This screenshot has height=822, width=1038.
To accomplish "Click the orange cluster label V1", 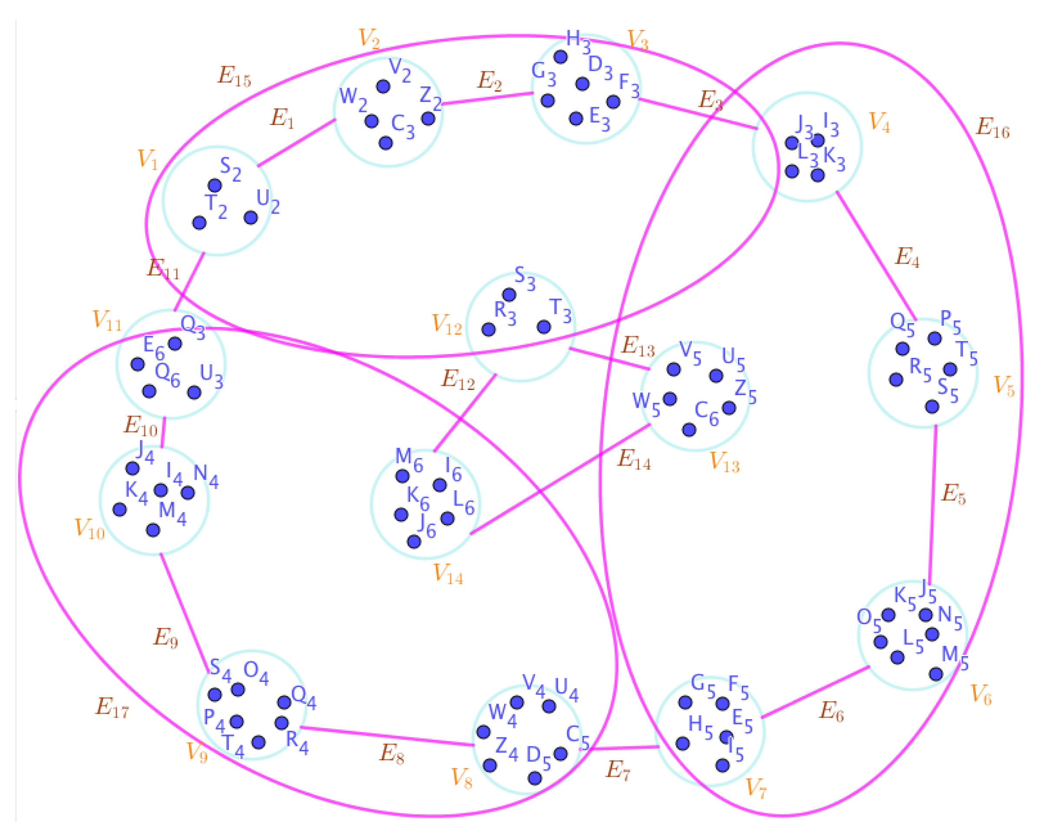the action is click(147, 159).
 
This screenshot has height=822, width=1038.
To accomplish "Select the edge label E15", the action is click(234, 76).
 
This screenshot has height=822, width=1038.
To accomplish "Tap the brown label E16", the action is click(992, 129).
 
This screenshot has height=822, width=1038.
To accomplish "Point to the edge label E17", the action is click(112, 707).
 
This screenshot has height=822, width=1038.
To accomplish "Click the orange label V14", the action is click(448, 574).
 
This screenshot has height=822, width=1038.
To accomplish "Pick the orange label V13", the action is click(724, 462).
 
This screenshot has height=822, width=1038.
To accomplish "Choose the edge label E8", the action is click(392, 754).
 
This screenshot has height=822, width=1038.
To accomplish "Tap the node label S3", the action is click(524, 278).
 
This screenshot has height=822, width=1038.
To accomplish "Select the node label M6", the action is click(409, 459).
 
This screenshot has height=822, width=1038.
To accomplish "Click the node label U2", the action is click(268, 201).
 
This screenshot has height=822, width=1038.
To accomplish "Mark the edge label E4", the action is click(906, 257).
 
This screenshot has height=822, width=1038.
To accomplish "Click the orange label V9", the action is click(197, 752).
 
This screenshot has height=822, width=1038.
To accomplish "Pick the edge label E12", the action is click(458, 380).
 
